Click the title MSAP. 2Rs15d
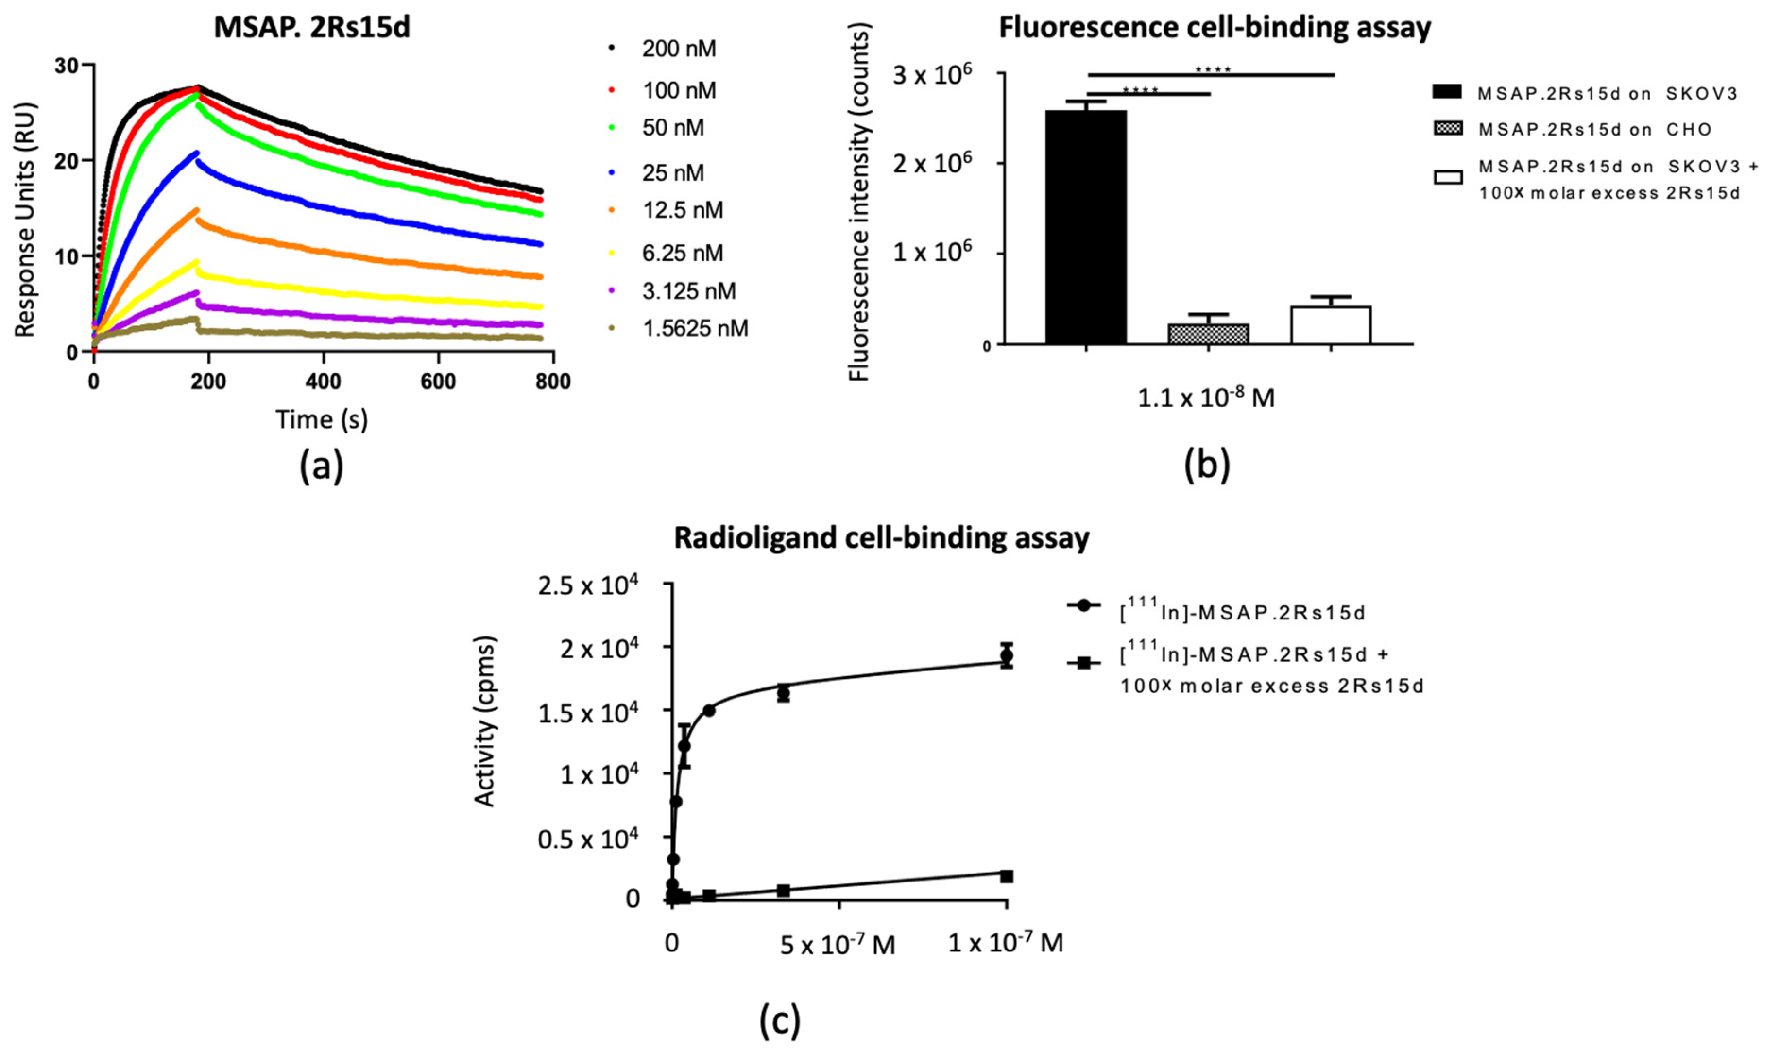312,28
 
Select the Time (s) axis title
322,420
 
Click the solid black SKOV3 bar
1086,227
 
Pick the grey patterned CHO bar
1208,334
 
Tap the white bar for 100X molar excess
1331,325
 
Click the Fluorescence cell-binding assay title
1214,28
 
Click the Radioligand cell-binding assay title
881,538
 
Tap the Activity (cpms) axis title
485,721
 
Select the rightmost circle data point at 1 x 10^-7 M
1006,655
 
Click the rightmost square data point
1006,876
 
